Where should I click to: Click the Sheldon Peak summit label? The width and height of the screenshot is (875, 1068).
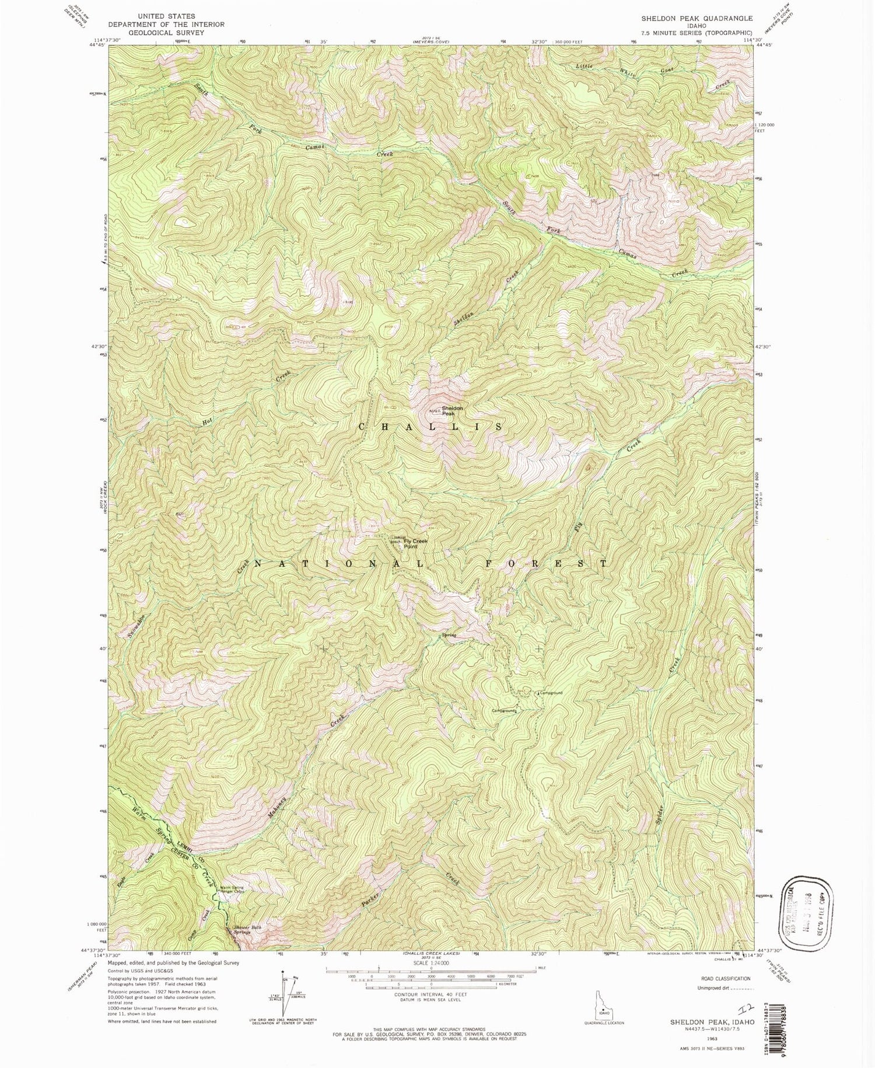click(452, 410)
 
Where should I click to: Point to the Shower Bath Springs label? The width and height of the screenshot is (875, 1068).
click(242, 930)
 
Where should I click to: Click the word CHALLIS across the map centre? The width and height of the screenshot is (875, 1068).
click(430, 427)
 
